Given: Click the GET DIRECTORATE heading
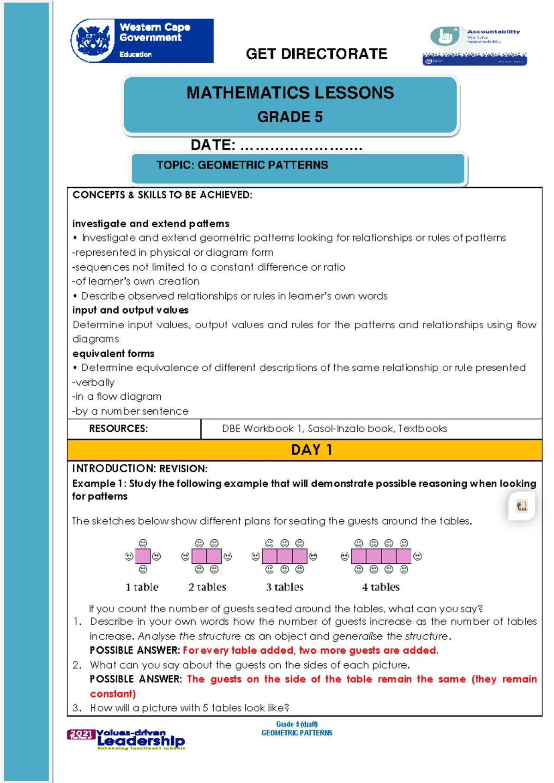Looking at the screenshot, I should pos(316,54).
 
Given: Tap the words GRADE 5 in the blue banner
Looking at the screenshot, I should pos(290,117).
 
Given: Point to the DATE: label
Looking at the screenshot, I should pos(213,145).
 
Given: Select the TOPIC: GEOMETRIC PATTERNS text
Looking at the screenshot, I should pos(242,165).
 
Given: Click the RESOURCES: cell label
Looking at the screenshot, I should pos(118,428).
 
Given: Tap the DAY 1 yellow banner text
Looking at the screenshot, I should pos(311,450).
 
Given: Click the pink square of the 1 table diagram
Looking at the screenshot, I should pos(143,556).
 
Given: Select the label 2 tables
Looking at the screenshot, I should pos(207,587).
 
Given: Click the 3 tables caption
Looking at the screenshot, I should pos(284,587).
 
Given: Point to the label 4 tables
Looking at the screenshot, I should pos(381,587).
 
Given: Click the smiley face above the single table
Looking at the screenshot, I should pos(143,543).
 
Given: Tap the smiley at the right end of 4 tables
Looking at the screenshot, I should pos(418,556).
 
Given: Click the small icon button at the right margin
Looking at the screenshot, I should pos(522,506).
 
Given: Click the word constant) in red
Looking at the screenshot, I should pos(113,693).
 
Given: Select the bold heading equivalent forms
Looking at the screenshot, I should pos(113,354).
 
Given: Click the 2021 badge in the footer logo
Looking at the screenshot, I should pos(81,734).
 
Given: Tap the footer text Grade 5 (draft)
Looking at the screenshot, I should pos(296,724).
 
